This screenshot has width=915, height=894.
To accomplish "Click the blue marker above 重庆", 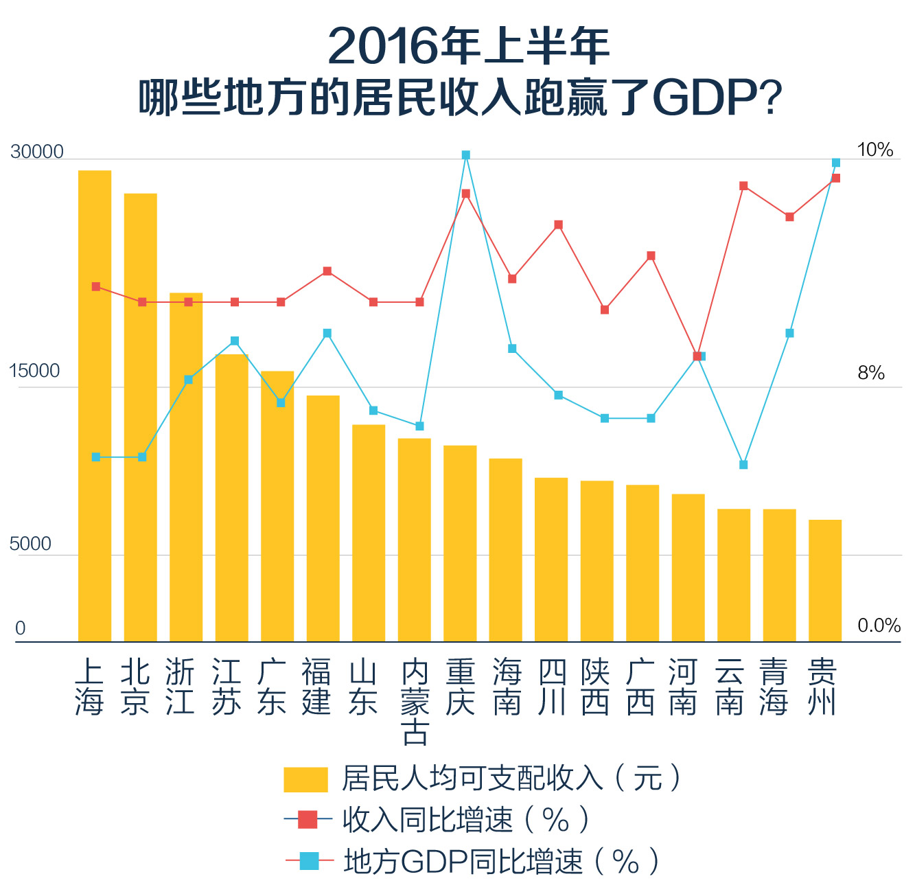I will point(466,155).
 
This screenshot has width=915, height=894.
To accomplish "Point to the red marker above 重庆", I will point(466,194).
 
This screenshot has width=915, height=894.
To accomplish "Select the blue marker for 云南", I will point(743,465).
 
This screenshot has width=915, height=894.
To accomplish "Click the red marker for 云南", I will point(743,186).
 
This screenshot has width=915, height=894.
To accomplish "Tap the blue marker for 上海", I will point(96,457).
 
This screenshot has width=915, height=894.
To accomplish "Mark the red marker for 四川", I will point(559,225).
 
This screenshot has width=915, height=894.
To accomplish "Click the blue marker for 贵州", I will point(836,163).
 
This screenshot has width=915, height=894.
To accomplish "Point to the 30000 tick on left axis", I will point(37,152).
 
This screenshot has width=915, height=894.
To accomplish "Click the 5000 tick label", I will point(31,544).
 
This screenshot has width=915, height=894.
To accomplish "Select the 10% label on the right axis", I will point(875,150).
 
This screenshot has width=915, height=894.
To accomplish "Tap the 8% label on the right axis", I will point(871,373).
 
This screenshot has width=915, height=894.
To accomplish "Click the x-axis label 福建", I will point(317,687).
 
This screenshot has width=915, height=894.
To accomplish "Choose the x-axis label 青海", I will point(774,687).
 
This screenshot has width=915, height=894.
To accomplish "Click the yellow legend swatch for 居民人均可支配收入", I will point(305,779).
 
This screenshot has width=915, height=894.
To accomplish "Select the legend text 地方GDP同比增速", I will point(463,861).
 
